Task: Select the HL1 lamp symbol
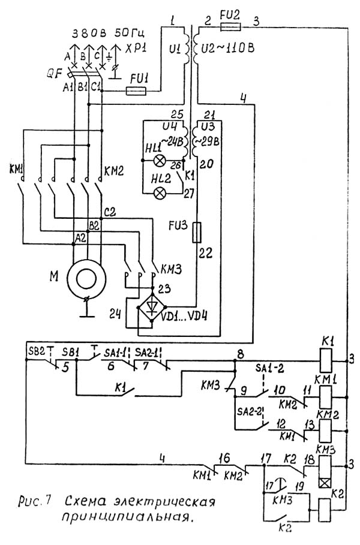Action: point(160,161)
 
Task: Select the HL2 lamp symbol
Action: point(160,193)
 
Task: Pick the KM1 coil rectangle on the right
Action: point(325,396)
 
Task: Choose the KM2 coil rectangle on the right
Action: point(325,429)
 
